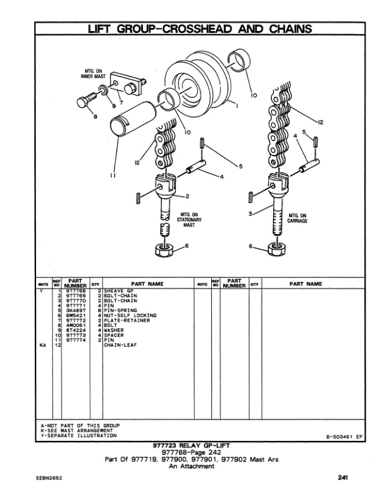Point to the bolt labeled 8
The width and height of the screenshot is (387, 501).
coord(89,102)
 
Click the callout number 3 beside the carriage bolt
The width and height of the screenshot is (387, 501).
coord(251,214)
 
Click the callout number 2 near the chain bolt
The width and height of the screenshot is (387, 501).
coord(187,195)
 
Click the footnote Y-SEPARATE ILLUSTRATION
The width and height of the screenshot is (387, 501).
coord(78,436)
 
